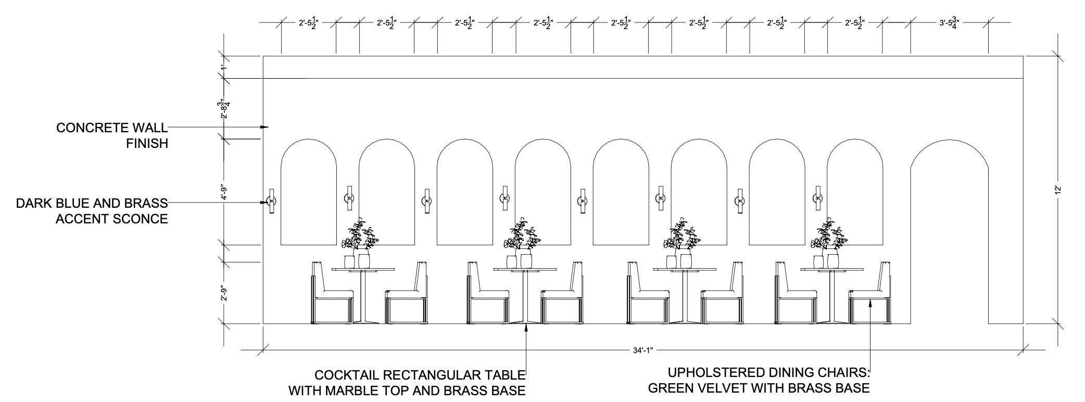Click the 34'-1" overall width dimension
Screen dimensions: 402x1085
[642, 350]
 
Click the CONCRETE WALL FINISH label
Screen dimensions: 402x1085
[112, 135]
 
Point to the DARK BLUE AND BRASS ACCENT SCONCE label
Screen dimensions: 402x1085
[92, 211]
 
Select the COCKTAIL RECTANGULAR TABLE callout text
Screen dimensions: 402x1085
[407, 382]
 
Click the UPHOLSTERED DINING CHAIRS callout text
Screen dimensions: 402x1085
[759, 380]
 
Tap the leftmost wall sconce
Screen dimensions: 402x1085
[271, 200]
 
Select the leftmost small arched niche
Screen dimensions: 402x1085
[308, 195]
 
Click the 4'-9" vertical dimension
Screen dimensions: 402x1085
[224, 191]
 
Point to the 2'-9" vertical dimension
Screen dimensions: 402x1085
[224, 293]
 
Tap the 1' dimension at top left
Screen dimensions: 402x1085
[224, 67]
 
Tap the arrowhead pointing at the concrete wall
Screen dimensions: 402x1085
[264, 127]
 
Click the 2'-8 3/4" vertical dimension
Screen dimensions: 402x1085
[224, 108]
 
